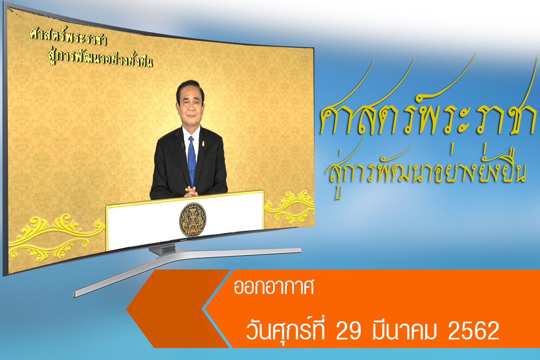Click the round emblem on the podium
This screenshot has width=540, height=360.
click(x=193, y=220)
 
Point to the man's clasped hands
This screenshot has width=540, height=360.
click(x=191, y=191)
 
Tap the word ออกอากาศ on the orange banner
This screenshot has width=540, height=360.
click(x=274, y=287)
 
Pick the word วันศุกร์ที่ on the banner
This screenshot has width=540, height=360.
click(x=285, y=330)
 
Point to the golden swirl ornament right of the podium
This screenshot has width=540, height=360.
click(x=289, y=207)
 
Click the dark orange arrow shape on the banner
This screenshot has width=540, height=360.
click(x=177, y=309)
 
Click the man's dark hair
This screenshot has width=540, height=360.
click(x=190, y=88)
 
